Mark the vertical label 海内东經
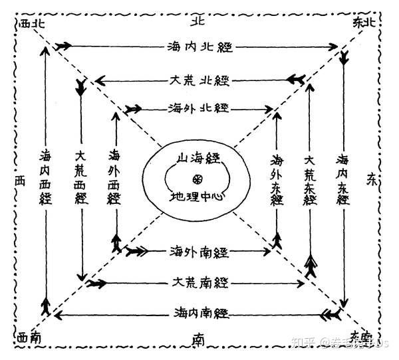coord(344,179)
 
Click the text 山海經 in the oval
coord(196,158)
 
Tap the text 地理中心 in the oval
coord(198,197)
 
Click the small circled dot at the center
coord(197,179)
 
